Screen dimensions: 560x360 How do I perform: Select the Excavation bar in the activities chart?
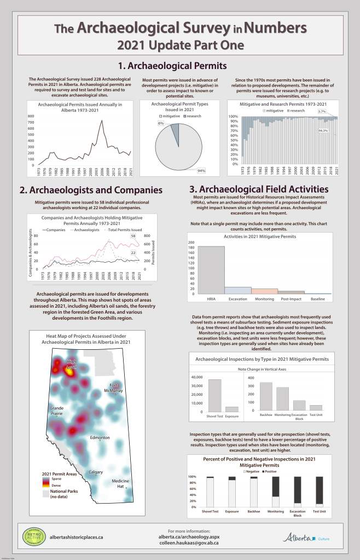click(238, 290)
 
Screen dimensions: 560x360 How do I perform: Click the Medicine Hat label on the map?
click(120, 483)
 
